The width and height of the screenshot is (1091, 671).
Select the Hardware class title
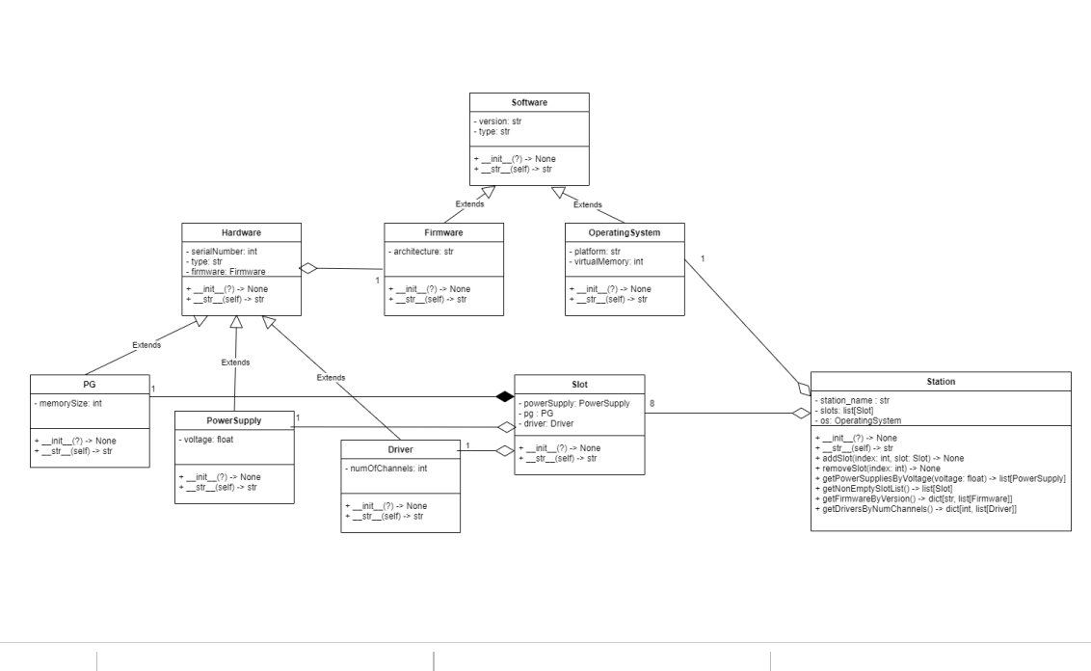coord(240,232)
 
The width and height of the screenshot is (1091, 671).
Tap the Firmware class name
coord(443,232)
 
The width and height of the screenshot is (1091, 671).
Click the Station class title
coord(940,382)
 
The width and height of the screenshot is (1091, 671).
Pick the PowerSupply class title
coord(234,420)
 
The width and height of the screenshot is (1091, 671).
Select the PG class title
coord(90,383)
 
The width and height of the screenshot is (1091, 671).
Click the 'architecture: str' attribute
coord(424,252)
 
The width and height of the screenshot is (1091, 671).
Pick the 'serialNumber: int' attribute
coord(223,252)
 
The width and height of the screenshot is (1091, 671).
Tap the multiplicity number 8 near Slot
coord(653,403)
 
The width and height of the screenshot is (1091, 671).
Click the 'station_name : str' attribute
coord(853,398)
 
